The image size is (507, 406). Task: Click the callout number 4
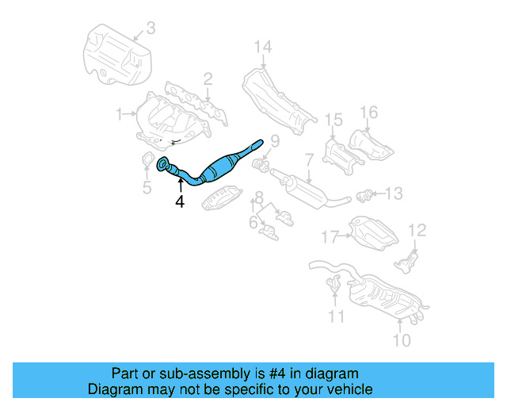[180, 202]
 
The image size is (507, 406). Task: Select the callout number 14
[262, 47]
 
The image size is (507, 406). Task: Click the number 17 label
[330, 236]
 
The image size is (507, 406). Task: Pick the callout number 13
[394, 193]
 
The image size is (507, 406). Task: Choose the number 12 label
[417, 230]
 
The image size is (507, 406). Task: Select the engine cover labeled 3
[116, 56]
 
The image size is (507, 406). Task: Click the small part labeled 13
[366, 193]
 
